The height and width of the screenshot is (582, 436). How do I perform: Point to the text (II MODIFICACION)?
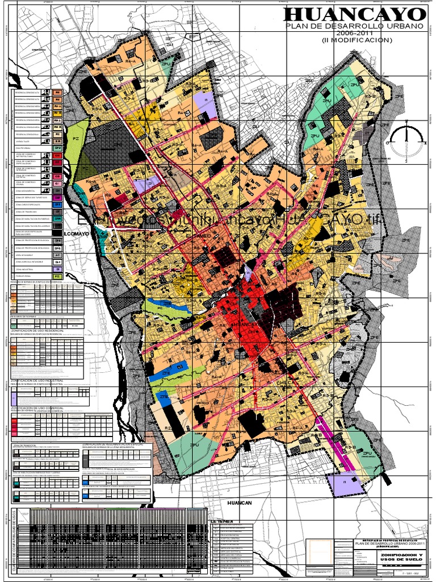[x=357, y=41]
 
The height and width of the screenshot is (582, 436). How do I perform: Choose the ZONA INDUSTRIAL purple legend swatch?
[x=58, y=269]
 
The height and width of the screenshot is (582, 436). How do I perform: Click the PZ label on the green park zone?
[x=75, y=138]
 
